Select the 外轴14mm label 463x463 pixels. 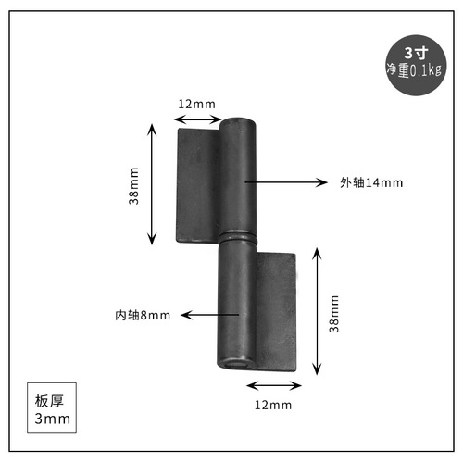(x=371, y=182)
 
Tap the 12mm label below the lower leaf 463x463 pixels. (x=273, y=406)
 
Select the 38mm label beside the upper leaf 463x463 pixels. (x=135, y=186)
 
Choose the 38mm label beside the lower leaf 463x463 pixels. (x=334, y=312)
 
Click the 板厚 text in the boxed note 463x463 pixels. (x=46, y=402)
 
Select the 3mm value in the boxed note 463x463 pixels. (x=46, y=420)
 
